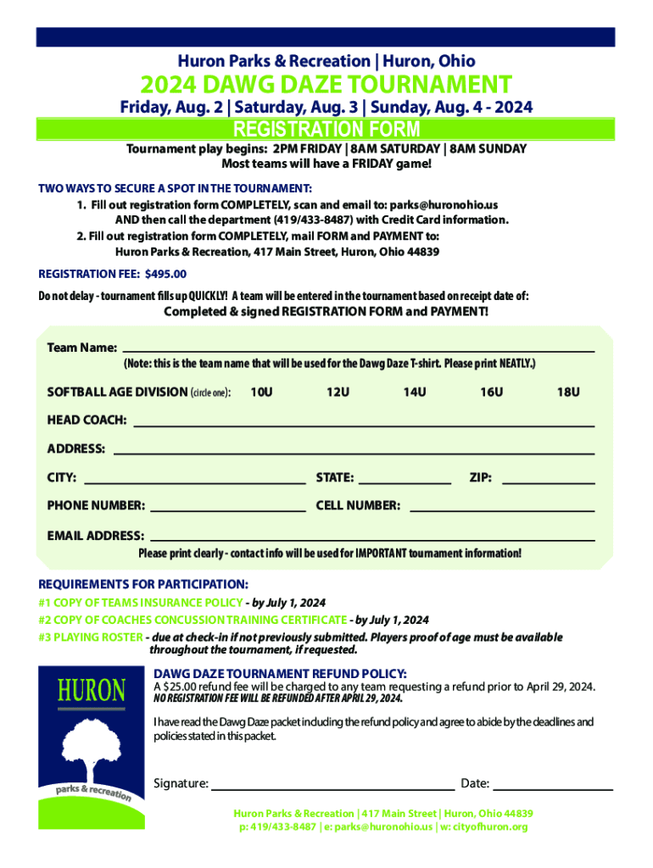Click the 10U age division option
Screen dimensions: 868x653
click(x=261, y=392)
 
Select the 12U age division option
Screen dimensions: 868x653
click(x=338, y=392)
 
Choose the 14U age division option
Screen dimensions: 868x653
click(x=414, y=392)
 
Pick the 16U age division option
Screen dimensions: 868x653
click(x=491, y=392)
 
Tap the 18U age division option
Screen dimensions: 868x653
click(x=567, y=392)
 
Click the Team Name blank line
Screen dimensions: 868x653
click(x=358, y=348)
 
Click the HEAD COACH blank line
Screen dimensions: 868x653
click(x=364, y=421)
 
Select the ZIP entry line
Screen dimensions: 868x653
click(x=549, y=479)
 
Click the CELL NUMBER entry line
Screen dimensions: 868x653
click(x=501, y=507)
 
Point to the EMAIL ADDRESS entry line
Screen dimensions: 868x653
click(x=371, y=537)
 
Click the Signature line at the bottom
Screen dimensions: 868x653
click(x=332, y=785)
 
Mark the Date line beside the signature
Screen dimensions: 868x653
click(x=553, y=785)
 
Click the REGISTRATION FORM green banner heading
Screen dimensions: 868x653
click(x=326, y=130)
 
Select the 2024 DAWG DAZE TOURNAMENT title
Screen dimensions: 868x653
click(x=326, y=85)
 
